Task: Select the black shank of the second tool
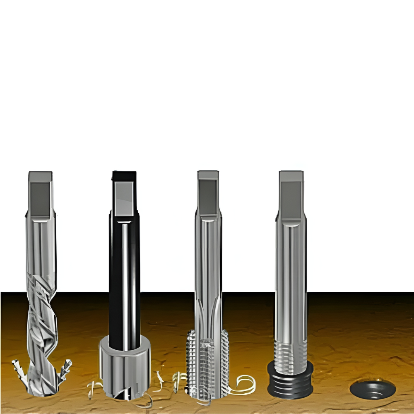click(124, 282)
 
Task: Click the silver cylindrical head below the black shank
click(124, 364)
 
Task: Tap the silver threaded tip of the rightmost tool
click(291, 352)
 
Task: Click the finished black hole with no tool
click(373, 389)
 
